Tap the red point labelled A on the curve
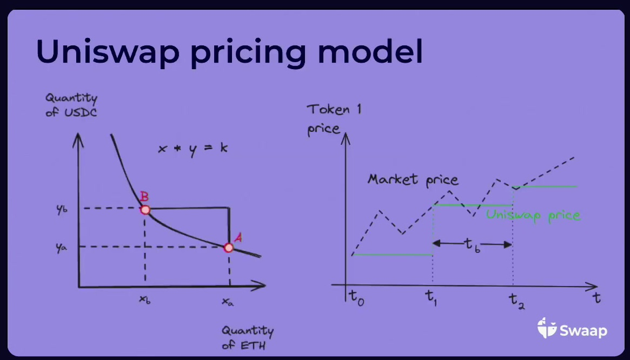pyautogui.click(x=229, y=248)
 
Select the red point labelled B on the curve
pyautogui.click(x=145, y=210)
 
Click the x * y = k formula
pyautogui.click(x=193, y=149)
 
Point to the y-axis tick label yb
pyautogui.click(x=62, y=209)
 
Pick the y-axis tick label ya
pyautogui.click(x=62, y=248)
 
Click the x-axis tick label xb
pyautogui.click(x=144, y=300)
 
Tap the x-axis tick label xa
pyautogui.click(x=228, y=302)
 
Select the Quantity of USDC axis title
pyautogui.click(x=71, y=105)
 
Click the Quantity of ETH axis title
pyautogui.click(x=248, y=338)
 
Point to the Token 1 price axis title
pyautogui.click(x=334, y=119)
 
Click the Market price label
pyautogui.click(x=413, y=179)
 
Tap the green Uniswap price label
pyautogui.click(x=533, y=215)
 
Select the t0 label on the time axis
pyautogui.click(x=356, y=298)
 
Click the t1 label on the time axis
pyautogui.click(x=431, y=298)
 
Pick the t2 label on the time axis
pyautogui.click(x=517, y=301)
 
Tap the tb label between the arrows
pyautogui.click(x=472, y=245)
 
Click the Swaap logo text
pyautogui.click(x=583, y=330)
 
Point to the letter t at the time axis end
pyautogui.click(x=596, y=298)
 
